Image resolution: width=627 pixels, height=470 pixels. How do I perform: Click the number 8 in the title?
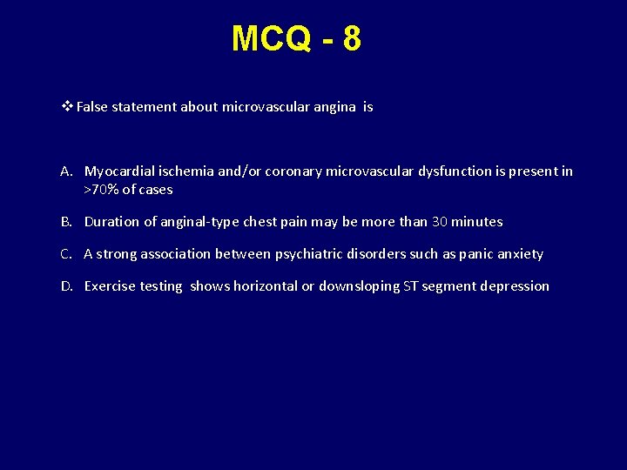[351, 39]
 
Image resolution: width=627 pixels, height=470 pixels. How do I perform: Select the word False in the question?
[93, 107]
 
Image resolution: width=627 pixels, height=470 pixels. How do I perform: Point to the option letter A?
[67, 171]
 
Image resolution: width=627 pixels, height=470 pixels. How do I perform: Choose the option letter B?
[67, 222]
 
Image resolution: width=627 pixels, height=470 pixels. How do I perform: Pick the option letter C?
[67, 254]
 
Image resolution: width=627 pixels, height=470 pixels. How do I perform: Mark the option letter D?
[67, 286]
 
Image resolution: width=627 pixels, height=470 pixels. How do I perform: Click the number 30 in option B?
[441, 222]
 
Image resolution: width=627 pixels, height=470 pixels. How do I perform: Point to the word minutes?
[478, 222]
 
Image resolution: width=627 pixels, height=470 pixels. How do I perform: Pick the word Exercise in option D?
[111, 286]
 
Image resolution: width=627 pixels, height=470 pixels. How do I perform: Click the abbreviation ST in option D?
[411, 286]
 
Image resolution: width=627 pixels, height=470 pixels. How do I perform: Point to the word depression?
[516, 286]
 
